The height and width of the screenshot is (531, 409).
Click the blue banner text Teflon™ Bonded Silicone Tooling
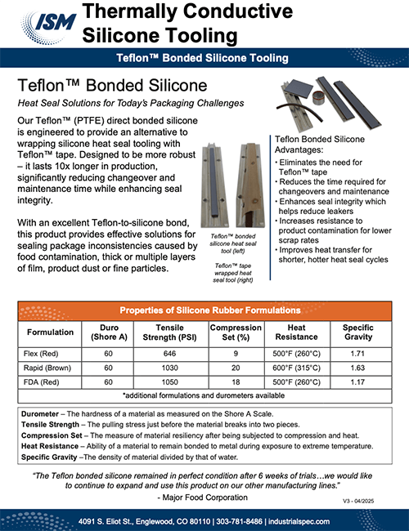204,59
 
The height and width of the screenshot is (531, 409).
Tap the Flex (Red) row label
50,354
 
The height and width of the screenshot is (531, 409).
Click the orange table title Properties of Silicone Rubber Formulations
204,312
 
